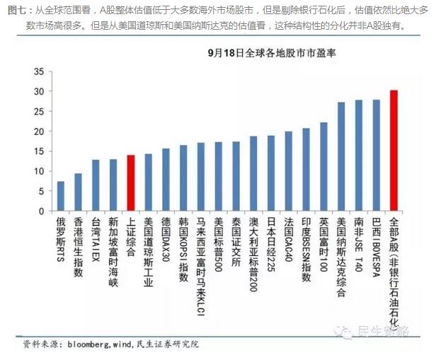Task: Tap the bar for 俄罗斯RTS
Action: [x=61, y=197]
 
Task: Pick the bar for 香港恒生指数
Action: [x=79, y=192]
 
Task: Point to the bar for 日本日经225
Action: [x=271, y=173]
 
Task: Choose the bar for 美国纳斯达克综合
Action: [x=341, y=156]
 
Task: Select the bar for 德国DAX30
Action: [x=166, y=180]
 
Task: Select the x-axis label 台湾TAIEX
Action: [x=96, y=240]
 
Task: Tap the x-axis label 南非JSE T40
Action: [x=359, y=244]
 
